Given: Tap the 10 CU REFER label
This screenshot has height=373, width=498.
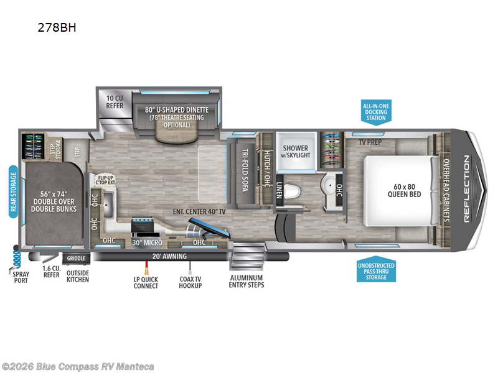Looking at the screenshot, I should point(114,101).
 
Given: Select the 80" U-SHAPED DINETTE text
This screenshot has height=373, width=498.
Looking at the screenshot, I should point(177,110).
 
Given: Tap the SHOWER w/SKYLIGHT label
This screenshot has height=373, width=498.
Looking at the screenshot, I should point(296,151).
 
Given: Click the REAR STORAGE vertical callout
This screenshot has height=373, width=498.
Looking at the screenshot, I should point(12,190).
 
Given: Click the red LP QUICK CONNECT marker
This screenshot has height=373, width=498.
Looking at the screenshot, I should point(146,267).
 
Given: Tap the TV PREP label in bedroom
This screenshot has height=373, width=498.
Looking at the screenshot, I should point(369,142).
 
